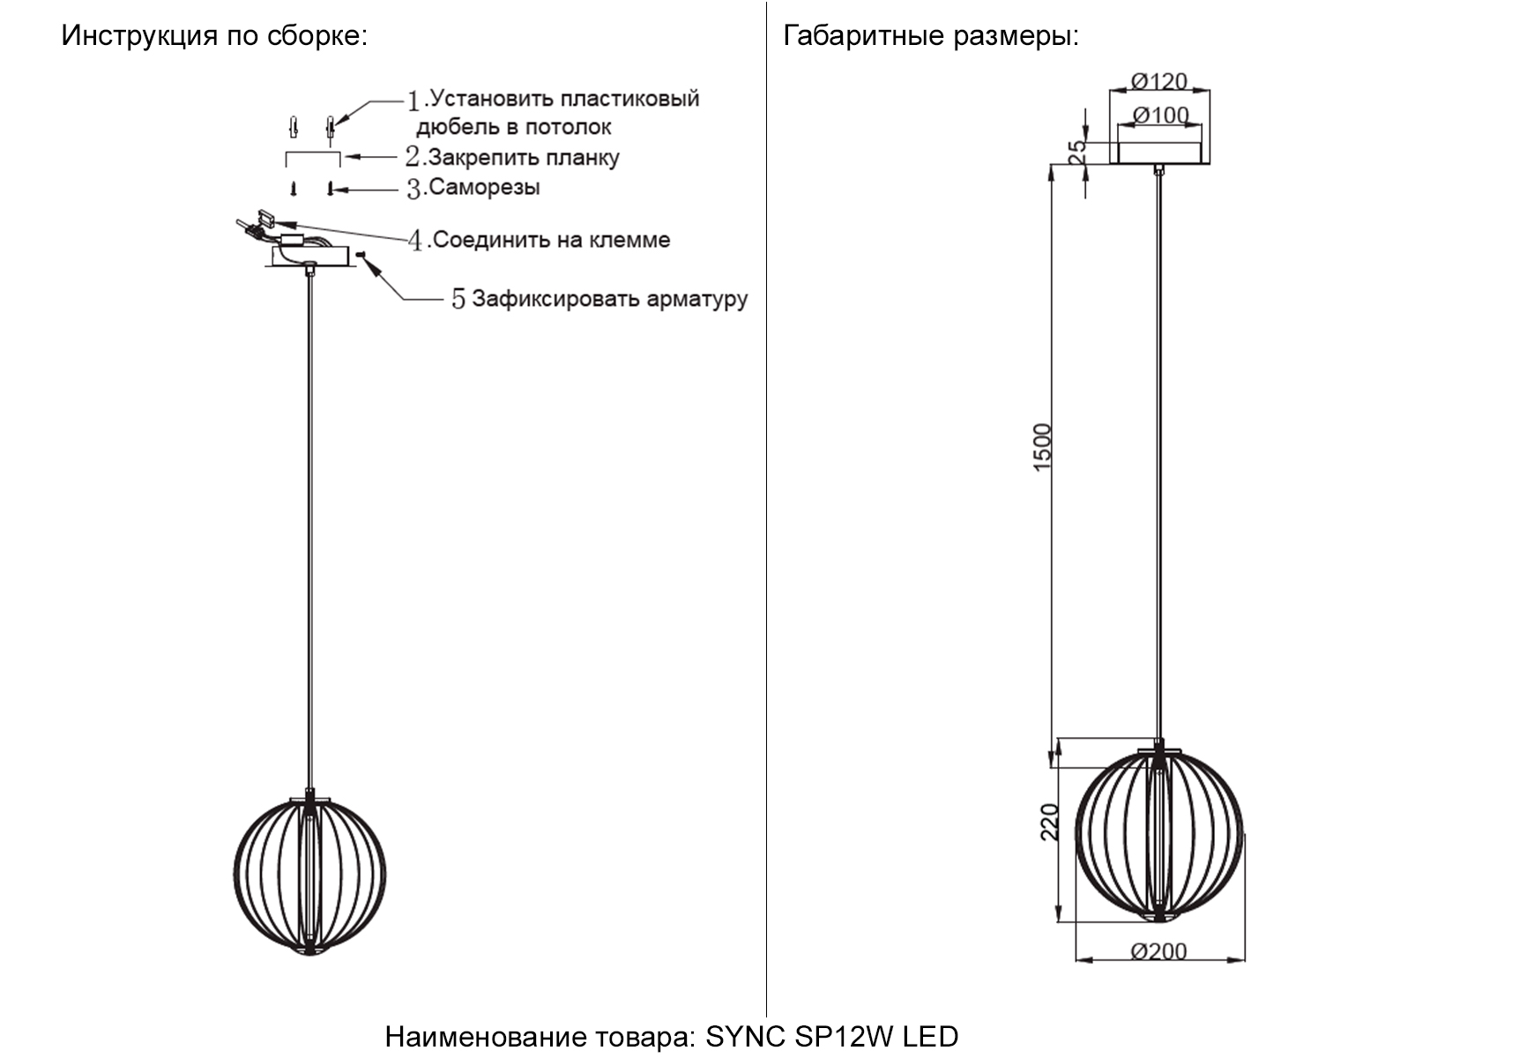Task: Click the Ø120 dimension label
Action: point(1158,81)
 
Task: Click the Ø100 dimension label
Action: point(1160,115)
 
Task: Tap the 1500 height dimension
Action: point(1042,447)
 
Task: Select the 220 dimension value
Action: point(1049,822)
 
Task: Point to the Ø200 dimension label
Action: point(1158,950)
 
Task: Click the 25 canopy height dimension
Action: point(1077,152)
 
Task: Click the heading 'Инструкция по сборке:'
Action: point(214,36)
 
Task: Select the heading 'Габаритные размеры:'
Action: point(931,36)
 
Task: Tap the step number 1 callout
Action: point(413,101)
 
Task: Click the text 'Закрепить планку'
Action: point(524,158)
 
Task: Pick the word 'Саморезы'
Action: point(484,188)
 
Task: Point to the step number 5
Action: point(458,299)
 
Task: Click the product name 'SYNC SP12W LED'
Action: point(831,1036)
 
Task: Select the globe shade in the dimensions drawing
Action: point(1158,833)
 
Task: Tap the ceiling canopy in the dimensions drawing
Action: point(1158,153)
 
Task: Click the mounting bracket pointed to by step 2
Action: point(312,155)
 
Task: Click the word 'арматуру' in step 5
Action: point(696,299)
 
